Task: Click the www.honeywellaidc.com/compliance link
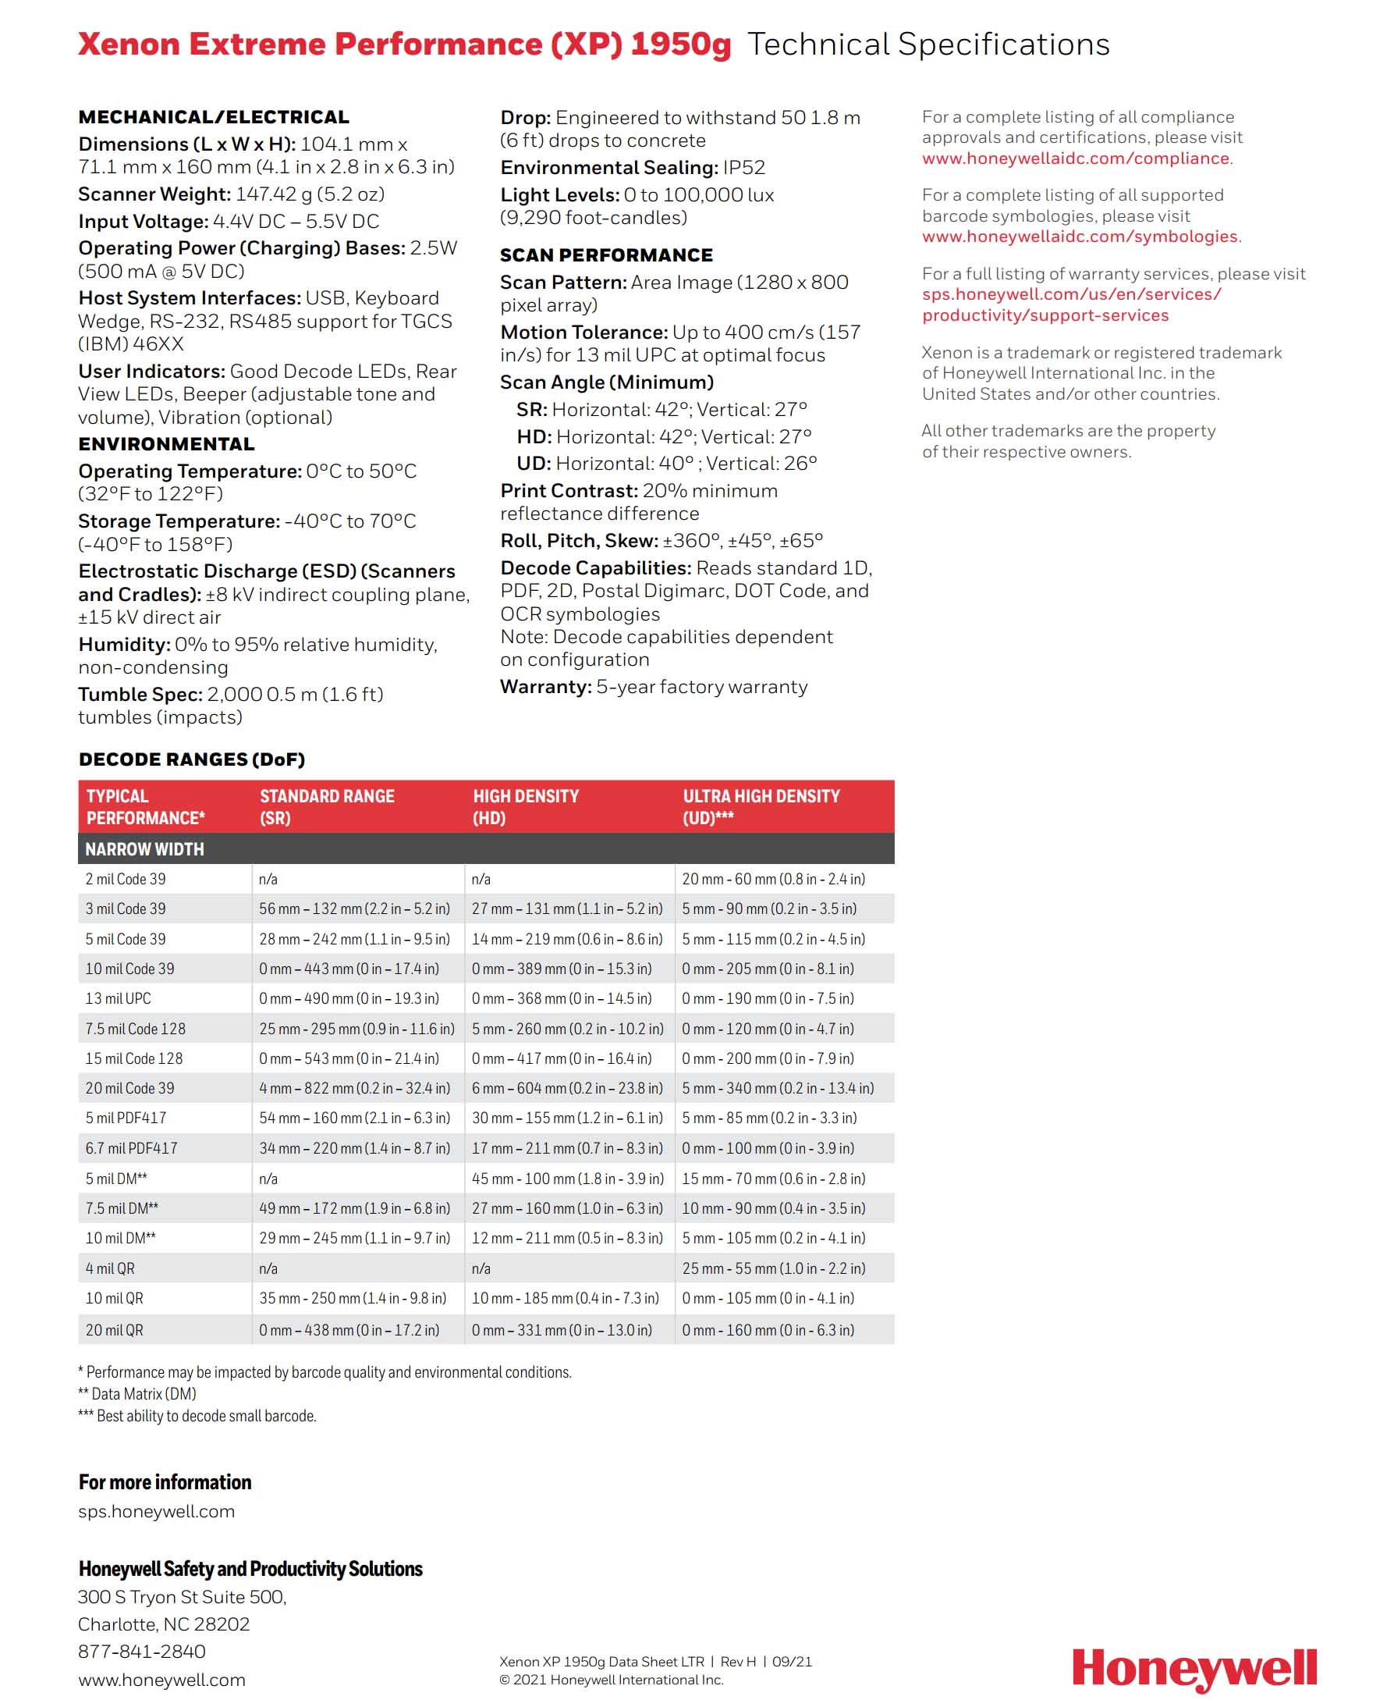[x=1075, y=158]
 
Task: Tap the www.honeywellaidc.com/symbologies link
[x=1079, y=236]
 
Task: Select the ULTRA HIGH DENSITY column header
[x=761, y=806]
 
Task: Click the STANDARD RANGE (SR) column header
[x=327, y=806]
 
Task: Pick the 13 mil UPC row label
[x=118, y=998]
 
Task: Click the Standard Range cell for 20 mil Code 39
[x=354, y=1089]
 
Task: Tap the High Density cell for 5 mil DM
[x=567, y=1179]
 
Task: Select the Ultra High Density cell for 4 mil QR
[x=773, y=1268]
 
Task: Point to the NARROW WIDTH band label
[x=144, y=849]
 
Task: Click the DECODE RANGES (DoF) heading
[x=192, y=759]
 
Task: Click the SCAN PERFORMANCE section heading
[x=606, y=255]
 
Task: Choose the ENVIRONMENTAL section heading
[x=166, y=444]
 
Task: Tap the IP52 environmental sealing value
[x=743, y=168]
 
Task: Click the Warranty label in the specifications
[x=545, y=687]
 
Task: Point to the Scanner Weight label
[x=154, y=194]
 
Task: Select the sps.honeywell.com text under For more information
[x=157, y=1511]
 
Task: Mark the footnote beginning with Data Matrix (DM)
[x=137, y=1394]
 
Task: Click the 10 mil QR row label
[x=114, y=1298]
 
